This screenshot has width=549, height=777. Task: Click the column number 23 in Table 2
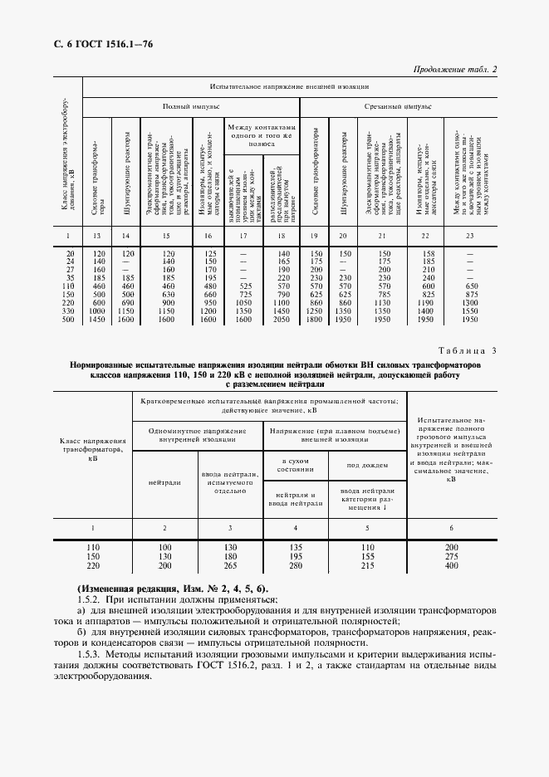[x=469, y=237]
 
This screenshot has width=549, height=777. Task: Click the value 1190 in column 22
[x=429, y=302]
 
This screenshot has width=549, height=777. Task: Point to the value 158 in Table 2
[x=429, y=252]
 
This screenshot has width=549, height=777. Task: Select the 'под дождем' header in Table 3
[x=365, y=465]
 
